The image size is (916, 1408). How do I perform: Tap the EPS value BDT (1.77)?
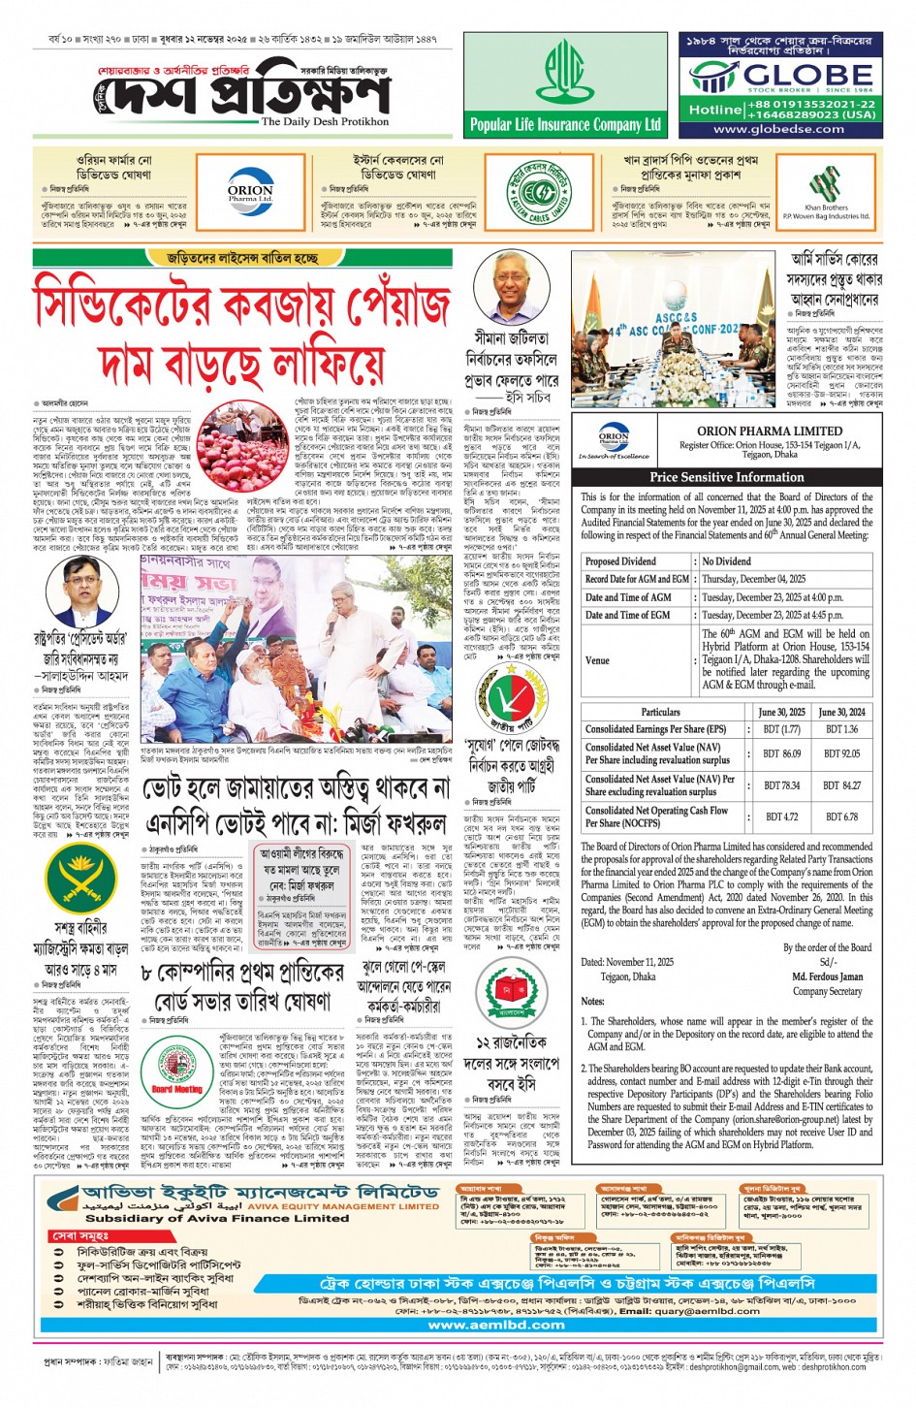781,729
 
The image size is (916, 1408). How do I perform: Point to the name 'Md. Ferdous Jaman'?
826,977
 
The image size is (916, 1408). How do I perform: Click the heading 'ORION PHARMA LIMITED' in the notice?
770,432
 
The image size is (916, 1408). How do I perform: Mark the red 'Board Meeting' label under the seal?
177,1089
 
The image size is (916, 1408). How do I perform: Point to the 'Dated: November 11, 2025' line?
627,962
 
